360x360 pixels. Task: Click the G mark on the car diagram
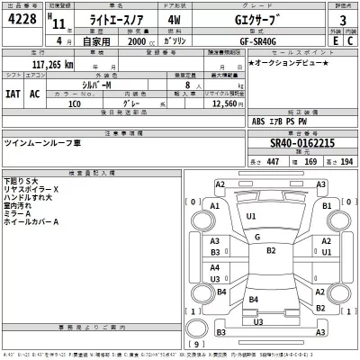click(256, 237)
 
